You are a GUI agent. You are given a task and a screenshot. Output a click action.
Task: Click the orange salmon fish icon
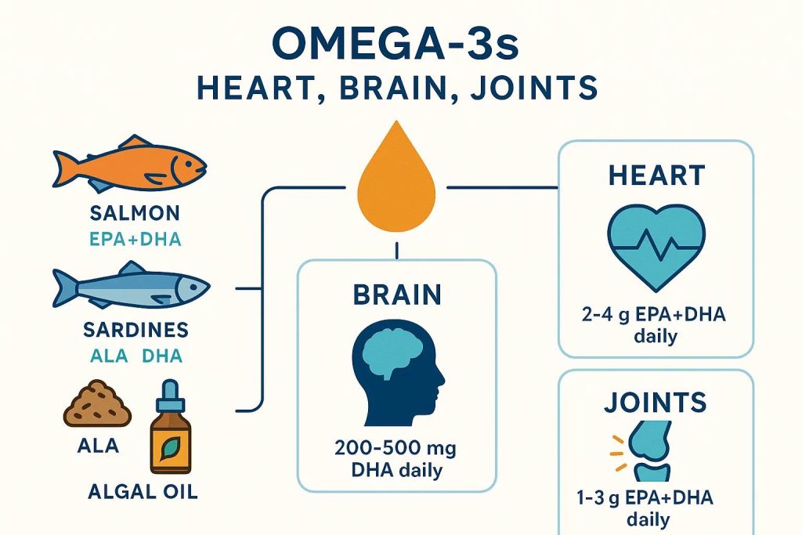click(x=130, y=164)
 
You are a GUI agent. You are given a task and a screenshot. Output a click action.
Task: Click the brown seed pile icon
click(x=97, y=403)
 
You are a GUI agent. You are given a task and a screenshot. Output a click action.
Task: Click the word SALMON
click(x=135, y=213)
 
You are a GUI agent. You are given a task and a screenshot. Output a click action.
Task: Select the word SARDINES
click(x=135, y=330)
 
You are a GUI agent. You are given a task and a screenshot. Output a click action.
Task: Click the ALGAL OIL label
click(x=143, y=491)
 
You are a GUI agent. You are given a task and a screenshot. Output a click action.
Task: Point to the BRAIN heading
click(x=397, y=295)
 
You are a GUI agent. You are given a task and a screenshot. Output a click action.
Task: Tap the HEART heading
click(x=657, y=175)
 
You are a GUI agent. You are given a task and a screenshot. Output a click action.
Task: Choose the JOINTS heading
click(x=656, y=403)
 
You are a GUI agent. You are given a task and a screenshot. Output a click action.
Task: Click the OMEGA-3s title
click(x=396, y=44)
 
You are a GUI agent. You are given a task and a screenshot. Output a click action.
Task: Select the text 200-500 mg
click(x=396, y=449)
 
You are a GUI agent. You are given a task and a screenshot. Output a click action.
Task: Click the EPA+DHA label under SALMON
click(x=135, y=240)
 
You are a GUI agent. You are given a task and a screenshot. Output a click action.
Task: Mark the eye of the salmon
click(x=189, y=164)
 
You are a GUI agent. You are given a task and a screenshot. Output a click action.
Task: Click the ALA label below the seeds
click(x=98, y=445)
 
